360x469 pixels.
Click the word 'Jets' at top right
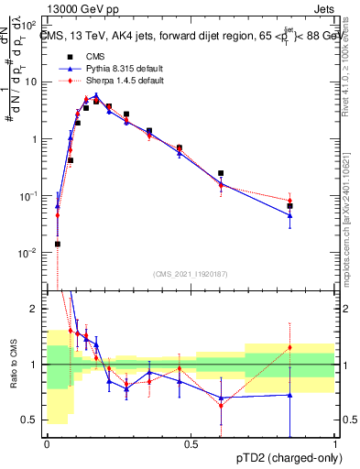point(324,10)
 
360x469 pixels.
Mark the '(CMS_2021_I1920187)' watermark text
point(191,274)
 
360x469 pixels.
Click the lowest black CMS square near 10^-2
point(57,244)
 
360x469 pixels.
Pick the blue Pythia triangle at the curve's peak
point(95,95)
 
